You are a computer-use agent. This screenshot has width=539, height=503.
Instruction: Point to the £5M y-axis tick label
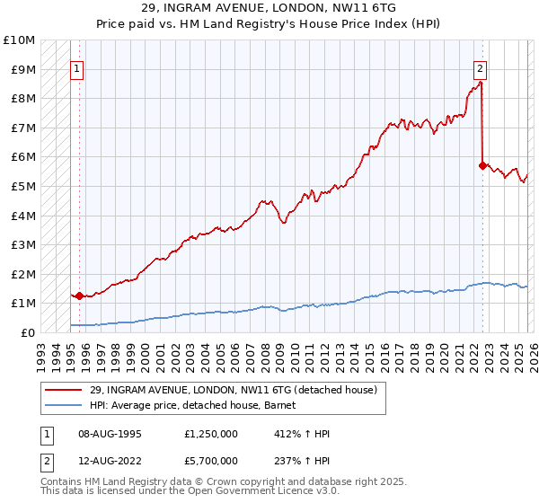click(x=22, y=186)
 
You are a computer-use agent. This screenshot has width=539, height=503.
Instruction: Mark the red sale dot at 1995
click(x=79, y=295)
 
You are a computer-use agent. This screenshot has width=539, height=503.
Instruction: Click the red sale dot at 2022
click(x=482, y=165)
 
